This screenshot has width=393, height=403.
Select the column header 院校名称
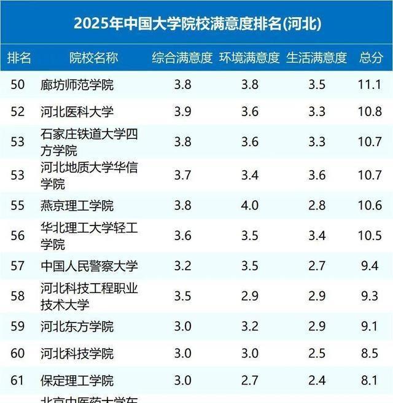click(x=93, y=58)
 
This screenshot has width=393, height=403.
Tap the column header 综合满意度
click(x=182, y=58)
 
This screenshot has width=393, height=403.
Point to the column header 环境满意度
click(x=249, y=58)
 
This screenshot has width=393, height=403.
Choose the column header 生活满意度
click(x=316, y=58)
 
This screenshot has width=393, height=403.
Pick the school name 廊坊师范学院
click(x=77, y=85)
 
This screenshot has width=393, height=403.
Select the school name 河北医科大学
click(x=77, y=112)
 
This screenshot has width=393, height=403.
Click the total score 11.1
click(x=371, y=85)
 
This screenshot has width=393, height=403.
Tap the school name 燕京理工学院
click(x=77, y=205)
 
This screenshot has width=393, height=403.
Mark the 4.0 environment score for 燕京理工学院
click(x=250, y=205)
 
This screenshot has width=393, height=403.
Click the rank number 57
click(x=18, y=266)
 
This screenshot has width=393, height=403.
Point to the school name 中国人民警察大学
click(x=89, y=266)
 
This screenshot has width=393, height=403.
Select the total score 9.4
click(x=371, y=266)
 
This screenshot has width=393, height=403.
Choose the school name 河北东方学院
click(x=77, y=326)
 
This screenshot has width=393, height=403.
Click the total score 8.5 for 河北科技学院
click(x=371, y=353)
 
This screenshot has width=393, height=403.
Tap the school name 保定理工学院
click(x=77, y=381)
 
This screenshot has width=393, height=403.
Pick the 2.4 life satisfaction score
click(x=317, y=381)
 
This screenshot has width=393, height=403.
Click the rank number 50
click(x=18, y=85)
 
